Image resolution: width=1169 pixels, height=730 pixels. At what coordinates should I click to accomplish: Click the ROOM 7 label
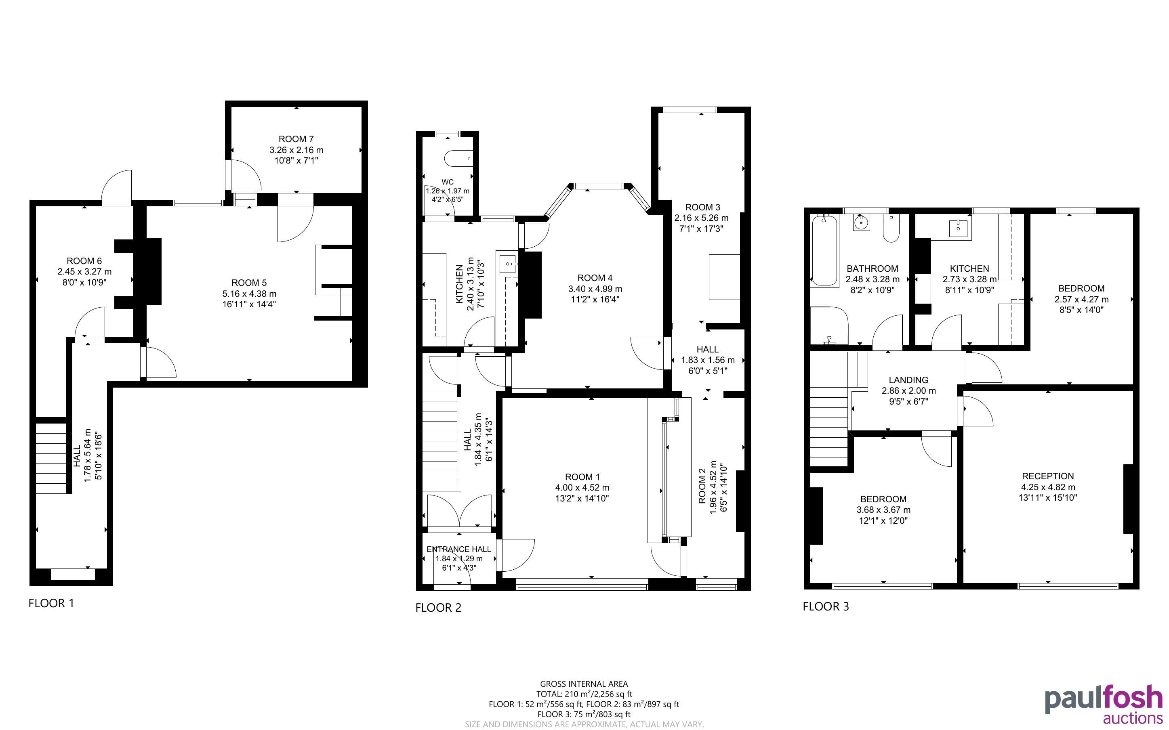coord(296,139)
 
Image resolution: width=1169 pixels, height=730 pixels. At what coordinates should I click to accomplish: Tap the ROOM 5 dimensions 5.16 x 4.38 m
coord(249,294)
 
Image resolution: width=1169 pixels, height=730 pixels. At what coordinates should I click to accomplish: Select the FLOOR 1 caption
coord(51,603)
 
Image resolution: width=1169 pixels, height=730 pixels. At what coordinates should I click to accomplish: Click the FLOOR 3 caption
coord(826,606)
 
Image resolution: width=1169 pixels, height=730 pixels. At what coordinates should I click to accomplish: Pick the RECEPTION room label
coord(1048,476)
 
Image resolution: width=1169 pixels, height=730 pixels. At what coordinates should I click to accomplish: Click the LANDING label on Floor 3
coord(908,380)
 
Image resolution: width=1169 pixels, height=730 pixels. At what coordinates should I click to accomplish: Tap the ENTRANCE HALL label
coord(459,549)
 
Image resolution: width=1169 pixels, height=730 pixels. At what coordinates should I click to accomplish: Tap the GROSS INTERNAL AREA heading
coord(584,684)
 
